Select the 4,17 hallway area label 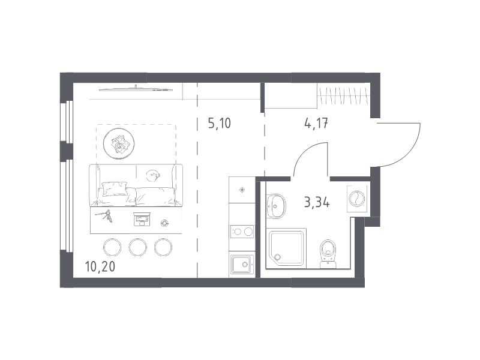316,124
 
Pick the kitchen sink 242,265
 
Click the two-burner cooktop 242,231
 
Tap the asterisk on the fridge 242,190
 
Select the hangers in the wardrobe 342,94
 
